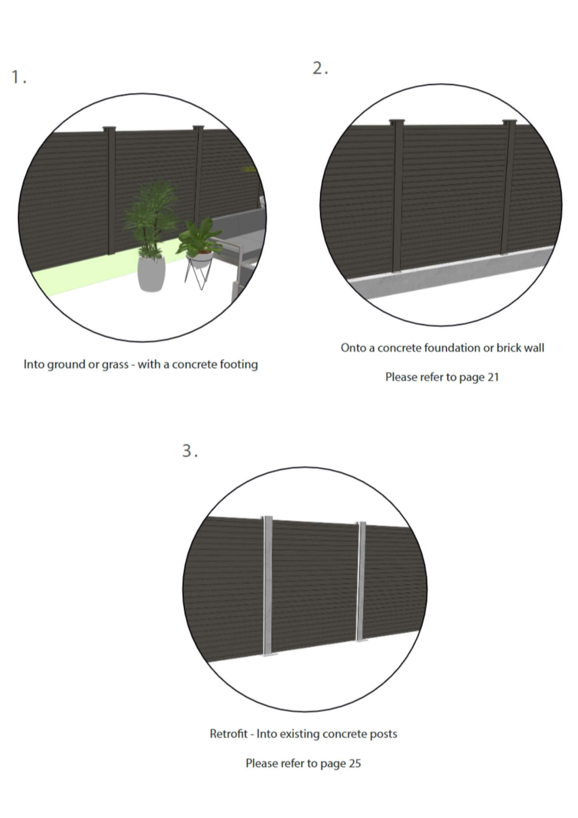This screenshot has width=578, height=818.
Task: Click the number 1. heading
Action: (19, 78)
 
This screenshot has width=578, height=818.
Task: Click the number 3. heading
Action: (190, 451)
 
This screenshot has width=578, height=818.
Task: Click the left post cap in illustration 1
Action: (109, 128)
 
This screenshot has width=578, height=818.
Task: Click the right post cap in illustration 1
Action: (198, 128)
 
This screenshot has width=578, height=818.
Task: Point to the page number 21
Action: (492, 377)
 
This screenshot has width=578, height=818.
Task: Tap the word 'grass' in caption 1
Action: (115, 365)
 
